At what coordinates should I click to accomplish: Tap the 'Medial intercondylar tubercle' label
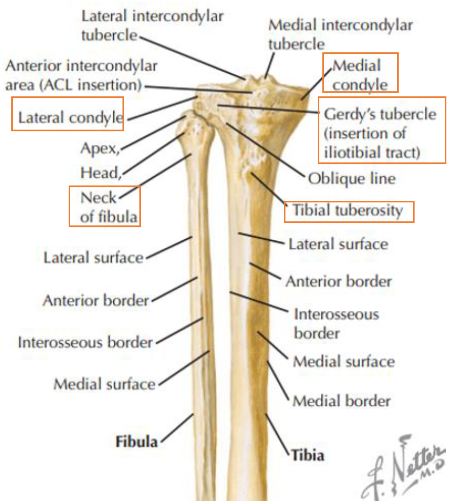[x=340, y=34]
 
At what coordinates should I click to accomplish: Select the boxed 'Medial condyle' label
[x=360, y=74]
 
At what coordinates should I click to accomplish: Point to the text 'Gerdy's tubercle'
[x=380, y=114]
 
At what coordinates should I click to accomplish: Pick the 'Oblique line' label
[x=351, y=179]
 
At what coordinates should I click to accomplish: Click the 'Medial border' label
[x=341, y=400]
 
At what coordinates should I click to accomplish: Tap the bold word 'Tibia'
[x=307, y=454]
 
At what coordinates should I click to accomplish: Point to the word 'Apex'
[x=99, y=149]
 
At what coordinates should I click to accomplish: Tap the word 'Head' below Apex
[x=100, y=173]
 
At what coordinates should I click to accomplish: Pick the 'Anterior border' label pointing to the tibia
[x=338, y=281]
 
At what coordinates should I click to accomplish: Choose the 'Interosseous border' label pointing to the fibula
[x=85, y=342]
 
